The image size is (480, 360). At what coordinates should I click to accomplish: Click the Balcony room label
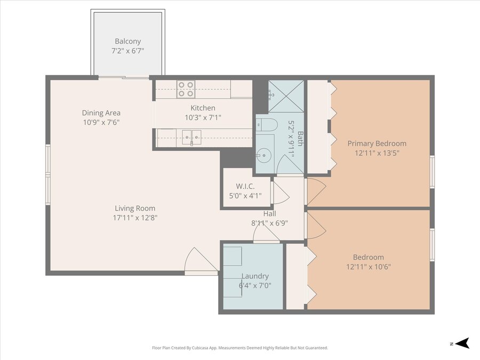127,41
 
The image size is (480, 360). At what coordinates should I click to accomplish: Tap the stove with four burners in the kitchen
186,89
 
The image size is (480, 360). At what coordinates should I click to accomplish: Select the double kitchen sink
192,137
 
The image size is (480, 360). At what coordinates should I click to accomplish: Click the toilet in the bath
267,125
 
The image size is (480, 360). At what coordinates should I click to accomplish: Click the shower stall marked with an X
286,96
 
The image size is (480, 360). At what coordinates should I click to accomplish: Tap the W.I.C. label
245,186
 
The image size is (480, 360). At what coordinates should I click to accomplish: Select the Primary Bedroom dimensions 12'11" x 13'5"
377,153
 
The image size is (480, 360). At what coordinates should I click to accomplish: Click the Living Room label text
135,208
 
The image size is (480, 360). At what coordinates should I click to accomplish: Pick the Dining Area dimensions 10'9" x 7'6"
101,123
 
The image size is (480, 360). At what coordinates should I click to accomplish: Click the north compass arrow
462,343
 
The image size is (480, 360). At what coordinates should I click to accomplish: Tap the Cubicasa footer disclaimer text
240,348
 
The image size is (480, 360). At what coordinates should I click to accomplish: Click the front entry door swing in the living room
201,260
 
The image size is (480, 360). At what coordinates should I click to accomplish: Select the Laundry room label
255,276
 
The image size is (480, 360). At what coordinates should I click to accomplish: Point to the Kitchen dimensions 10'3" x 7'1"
203,117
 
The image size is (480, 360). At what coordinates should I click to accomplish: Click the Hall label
270,214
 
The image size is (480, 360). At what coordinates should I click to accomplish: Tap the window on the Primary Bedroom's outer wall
432,171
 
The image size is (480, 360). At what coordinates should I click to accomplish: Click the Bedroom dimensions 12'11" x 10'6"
369,267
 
